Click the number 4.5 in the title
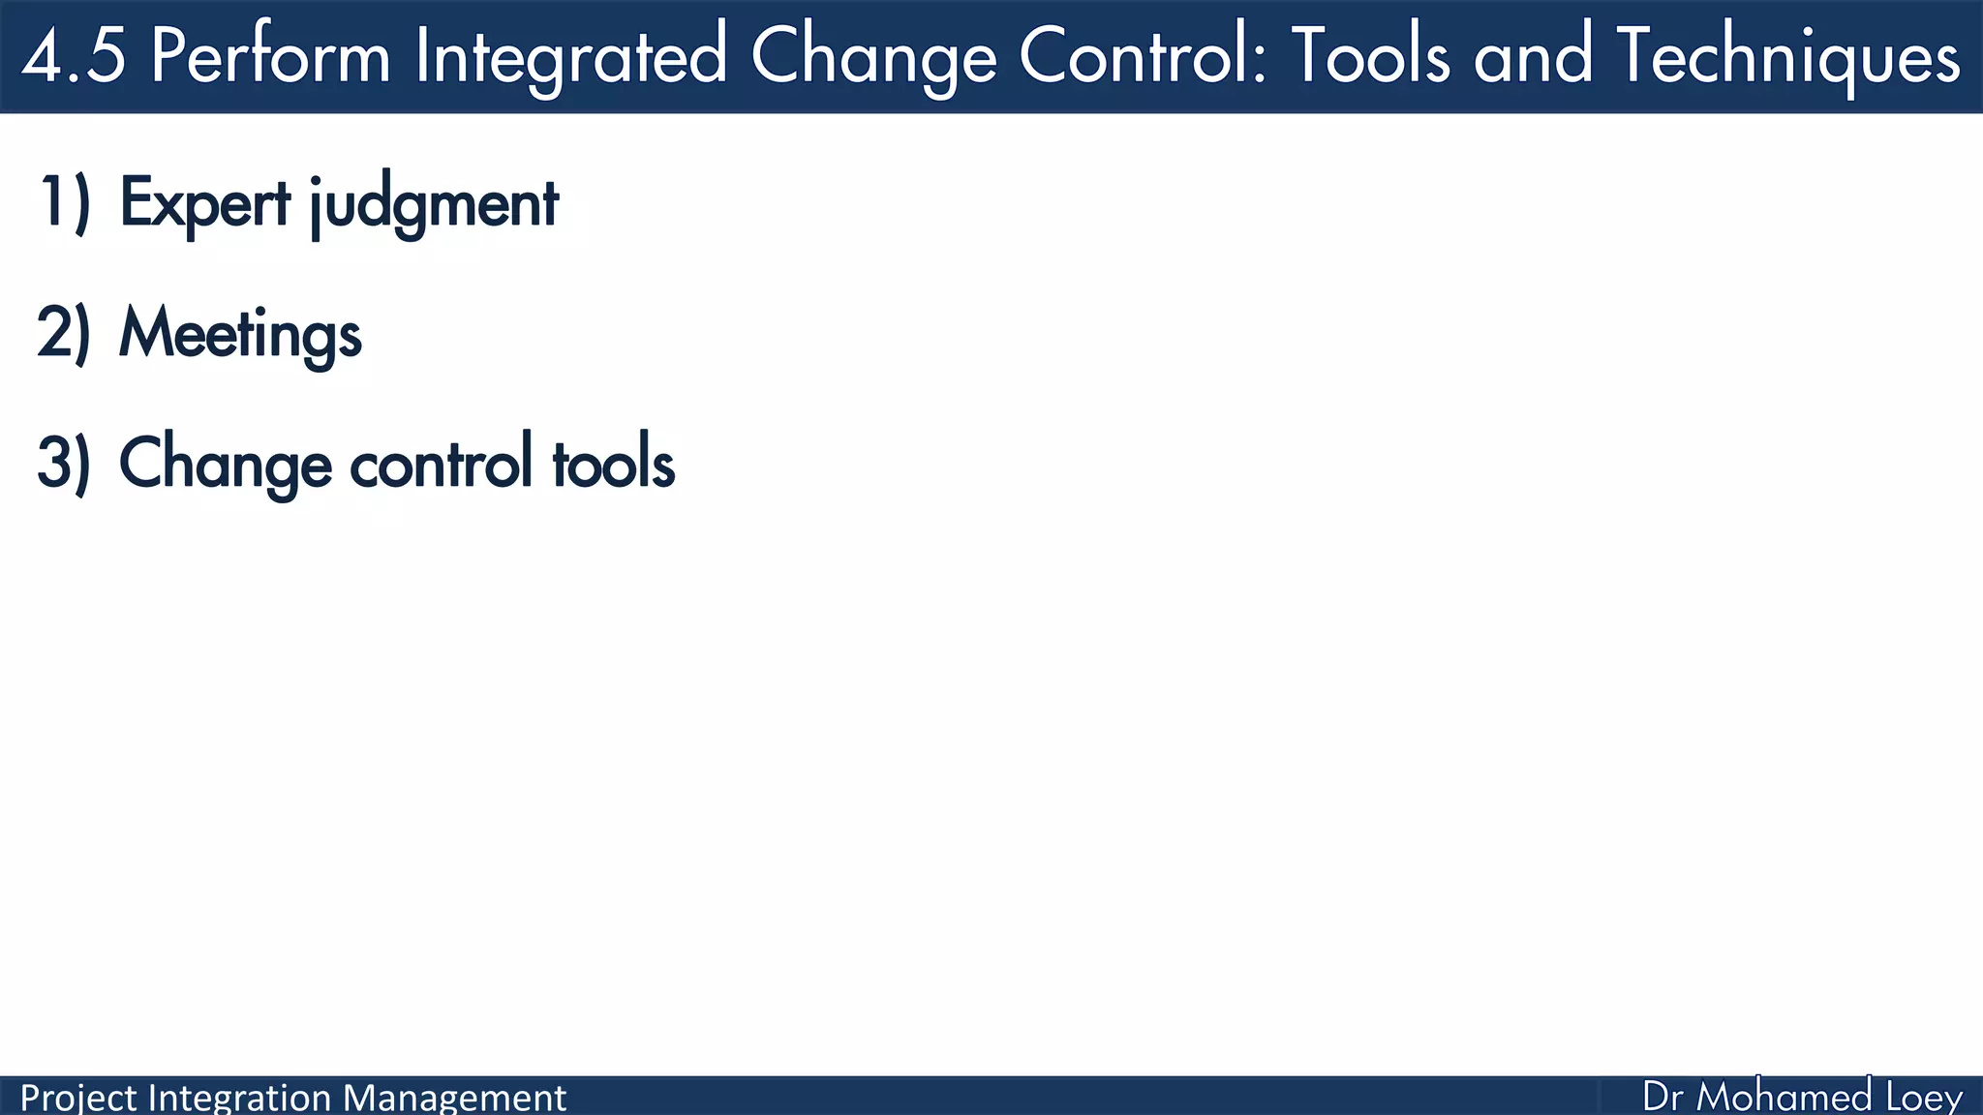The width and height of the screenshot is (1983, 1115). tap(74, 56)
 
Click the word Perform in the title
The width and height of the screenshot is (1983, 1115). tap(270, 56)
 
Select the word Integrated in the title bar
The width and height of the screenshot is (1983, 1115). tap(570, 56)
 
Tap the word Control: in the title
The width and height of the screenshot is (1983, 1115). tap(1143, 56)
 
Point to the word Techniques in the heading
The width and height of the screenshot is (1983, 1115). tap(1787, 56)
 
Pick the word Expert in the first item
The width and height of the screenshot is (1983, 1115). tap(204, 204)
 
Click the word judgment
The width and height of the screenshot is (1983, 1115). tap(434, 204)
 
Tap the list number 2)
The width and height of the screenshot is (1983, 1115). tap(64, 333)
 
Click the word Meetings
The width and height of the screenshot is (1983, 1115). tap(240, 334)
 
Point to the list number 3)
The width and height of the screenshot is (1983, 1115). tap(64, 464)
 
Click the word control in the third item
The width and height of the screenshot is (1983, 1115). tap(441, 464)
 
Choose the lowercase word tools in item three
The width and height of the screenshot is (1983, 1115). tap(613, 464)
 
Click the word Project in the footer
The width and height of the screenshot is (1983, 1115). tap(78, 1099)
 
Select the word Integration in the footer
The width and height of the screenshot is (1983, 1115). tap(240, 1099)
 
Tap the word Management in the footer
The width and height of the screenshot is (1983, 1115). tap(454, 1099)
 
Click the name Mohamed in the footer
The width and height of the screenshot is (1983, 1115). tap(1785, 1098)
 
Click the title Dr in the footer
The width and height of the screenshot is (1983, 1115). tap(1663, 1098)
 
